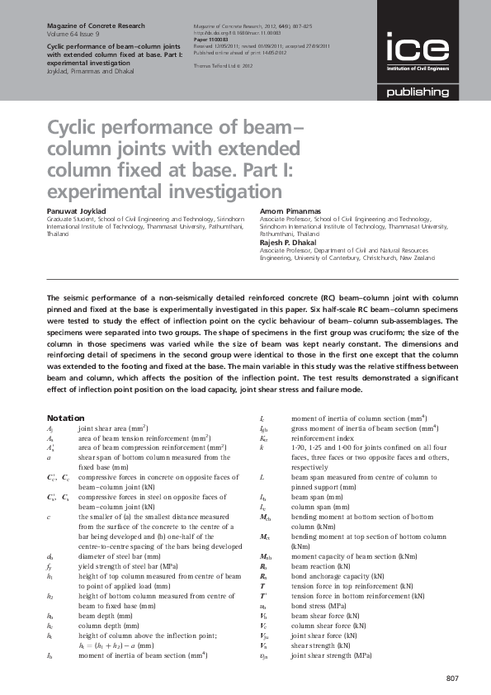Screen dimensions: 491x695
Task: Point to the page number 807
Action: (x=451, y=678)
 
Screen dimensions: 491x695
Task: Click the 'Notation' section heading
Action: (x=66, y=418)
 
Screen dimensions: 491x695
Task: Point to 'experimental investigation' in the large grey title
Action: (x=141, y=192)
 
